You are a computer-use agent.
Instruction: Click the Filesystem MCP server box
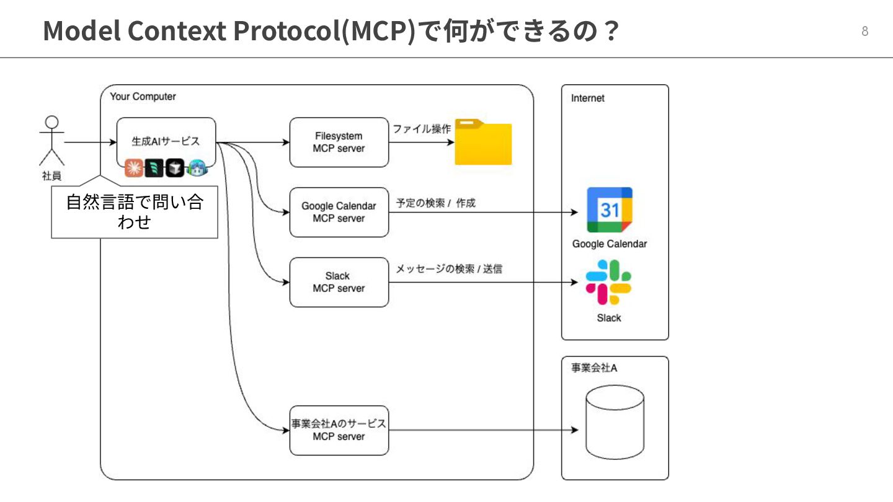(x=339, y=143)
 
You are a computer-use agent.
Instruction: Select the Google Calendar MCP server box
(x=339, y=213)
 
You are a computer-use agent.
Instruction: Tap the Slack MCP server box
(x=339, y=282)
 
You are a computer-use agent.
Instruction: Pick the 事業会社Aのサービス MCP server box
(x=339, y=430)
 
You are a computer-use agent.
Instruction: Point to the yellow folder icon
(x=483, y=142)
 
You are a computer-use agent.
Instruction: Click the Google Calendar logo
(x=610, y=209)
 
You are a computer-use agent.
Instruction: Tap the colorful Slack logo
(x=609, y=282)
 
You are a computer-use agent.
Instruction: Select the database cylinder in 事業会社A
(x=615, y=422)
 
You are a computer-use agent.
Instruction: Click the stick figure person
(x=52, y=141)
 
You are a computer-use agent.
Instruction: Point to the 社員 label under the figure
(x=52, y=176)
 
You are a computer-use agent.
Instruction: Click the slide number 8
(x=864, y=32)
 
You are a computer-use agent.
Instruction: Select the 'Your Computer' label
(x=143, y=97)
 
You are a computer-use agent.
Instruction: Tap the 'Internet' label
(x=587, y=98)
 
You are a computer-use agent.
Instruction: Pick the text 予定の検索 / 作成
(x=436, y=203)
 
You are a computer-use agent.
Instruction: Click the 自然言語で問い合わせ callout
(x=134, y=212)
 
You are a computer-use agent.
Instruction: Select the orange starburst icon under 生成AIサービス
(x=133, y=167)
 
